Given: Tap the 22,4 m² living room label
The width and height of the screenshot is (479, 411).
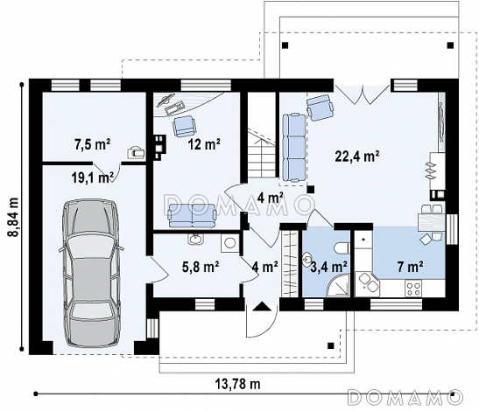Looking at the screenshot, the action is point(357,157).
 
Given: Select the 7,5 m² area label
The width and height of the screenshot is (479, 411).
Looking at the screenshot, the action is point(92,144).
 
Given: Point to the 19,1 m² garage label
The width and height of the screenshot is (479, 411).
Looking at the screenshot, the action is point(92,177).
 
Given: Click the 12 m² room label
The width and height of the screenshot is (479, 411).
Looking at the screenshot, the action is point(204,144).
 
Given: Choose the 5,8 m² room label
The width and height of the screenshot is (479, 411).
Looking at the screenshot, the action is point(201,267).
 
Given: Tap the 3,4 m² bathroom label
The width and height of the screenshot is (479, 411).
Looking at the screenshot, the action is point(328,267).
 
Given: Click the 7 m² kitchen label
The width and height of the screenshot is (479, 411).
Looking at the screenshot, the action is point(411,267).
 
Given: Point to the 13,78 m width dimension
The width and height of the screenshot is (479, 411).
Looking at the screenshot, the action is point(238,384).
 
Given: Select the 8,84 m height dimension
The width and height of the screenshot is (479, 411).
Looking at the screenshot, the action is point(13,217).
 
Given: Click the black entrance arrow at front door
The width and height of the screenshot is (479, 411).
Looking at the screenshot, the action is point(261,306).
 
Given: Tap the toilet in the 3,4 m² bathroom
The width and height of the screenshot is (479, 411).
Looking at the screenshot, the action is point(342,248).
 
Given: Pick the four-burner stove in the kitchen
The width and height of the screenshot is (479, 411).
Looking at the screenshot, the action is point(413,289).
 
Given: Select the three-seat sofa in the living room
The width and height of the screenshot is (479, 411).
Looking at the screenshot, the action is point(294,148).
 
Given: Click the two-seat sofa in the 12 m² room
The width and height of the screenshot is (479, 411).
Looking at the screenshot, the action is point(193,215).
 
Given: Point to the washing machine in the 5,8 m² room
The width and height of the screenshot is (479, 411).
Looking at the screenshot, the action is point(229,243).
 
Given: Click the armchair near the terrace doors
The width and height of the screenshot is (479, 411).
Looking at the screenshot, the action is point(320,108).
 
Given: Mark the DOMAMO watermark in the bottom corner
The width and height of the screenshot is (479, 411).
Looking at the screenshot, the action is point(405,396).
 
